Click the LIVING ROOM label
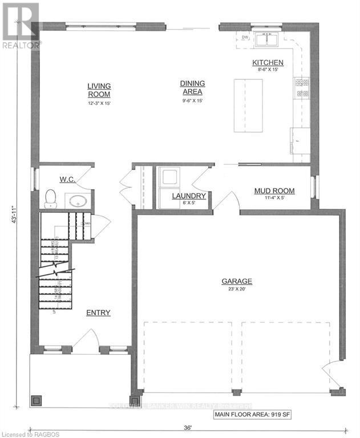point(99,90)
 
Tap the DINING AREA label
point(192,87)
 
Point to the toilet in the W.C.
point(50,197)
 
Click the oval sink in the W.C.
point(76,200)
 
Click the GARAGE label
point(237,281)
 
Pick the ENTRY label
point(98,313)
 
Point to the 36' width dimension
point(187,428)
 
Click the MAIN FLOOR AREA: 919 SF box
point(252,415)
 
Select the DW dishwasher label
point(245,38)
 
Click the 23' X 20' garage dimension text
point(237,289)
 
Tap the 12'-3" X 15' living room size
point(99,103)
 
